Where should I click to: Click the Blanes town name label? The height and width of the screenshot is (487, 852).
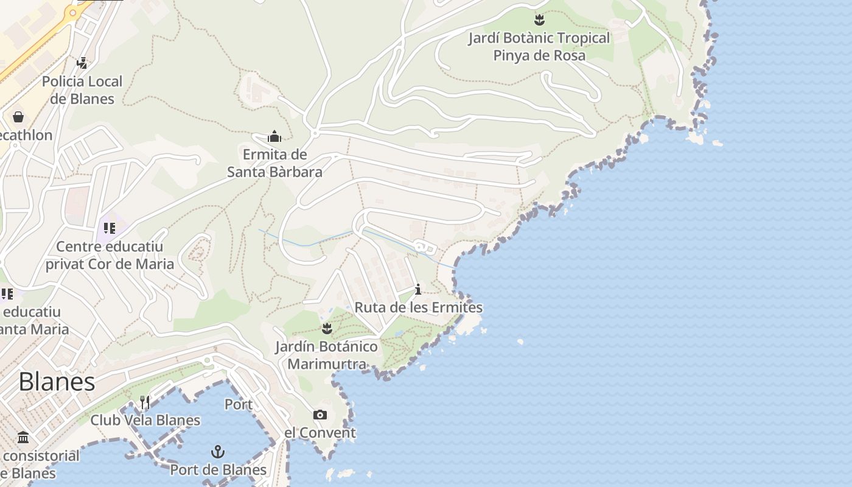coord(57,382)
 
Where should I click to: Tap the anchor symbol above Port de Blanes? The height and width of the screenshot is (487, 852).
coord(217,452)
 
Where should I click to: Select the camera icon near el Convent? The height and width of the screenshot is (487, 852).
coord(319,415)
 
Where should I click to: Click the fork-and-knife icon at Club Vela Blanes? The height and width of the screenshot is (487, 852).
coord(145,402)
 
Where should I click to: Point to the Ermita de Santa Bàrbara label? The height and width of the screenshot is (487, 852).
coord(274,163)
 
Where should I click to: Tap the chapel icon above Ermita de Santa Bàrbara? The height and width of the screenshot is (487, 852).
coord(274,136)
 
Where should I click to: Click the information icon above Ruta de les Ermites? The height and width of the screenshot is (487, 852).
coord(418,289)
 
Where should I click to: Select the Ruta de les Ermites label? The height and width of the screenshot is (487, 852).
coord(418,307)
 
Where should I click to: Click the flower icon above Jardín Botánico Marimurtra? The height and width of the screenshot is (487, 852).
coord(327,329)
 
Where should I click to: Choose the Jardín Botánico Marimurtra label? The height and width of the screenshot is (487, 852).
coord(327,356)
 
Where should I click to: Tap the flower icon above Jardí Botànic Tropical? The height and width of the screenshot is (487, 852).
coord(539,19)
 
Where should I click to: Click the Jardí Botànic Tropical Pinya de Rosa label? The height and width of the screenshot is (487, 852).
coord(539,46)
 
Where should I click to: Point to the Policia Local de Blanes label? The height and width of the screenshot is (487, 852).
coord(82,90)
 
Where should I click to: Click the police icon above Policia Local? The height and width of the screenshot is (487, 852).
coord(82,63)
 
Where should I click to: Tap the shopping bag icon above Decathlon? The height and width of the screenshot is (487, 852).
coord(18,116)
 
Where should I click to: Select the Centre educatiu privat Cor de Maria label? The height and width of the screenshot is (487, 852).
coord(110,256)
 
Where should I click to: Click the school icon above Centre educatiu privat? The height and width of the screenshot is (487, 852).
coord(109,228)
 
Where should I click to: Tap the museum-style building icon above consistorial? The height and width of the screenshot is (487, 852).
coord(23,437)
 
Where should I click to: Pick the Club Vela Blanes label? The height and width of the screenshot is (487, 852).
coord(145,420)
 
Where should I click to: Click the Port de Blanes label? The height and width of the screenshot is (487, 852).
coord(218,470)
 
